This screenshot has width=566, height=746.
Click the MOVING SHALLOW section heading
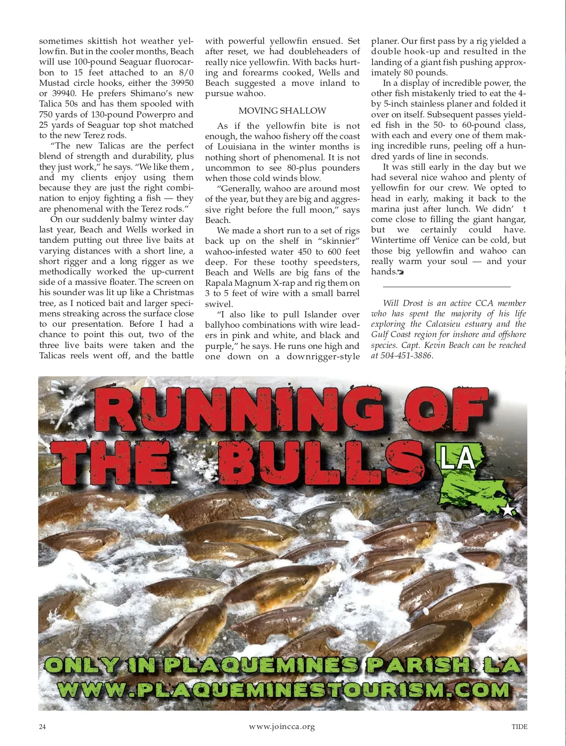pos(282,111)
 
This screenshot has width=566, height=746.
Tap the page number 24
pos(42,727)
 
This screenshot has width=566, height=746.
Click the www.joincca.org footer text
pos(282,727)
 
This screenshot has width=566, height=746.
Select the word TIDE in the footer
pos(519,727)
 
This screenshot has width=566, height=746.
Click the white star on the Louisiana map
pos(508,510)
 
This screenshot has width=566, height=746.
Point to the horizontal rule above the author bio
pos(446,286)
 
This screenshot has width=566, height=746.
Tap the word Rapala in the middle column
pos(220,283)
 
